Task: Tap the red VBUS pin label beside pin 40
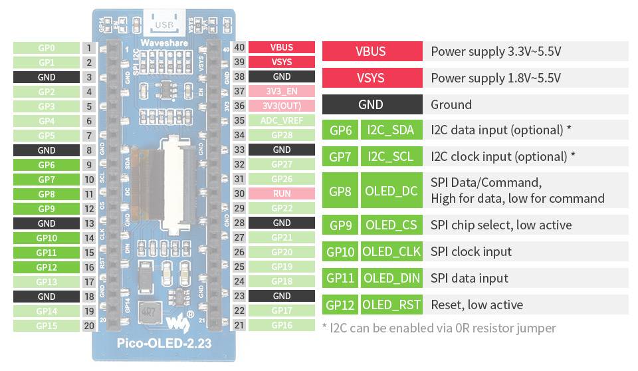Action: (282, 48)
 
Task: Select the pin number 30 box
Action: (239, 194)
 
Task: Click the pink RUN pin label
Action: (282, 194)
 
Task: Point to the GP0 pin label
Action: (47, 48)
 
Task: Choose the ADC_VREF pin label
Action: (282, 121)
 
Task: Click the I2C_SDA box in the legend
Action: (391, 130)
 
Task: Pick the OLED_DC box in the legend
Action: (391, 191)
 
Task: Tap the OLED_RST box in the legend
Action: (391, 305)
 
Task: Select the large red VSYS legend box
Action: (372, 78)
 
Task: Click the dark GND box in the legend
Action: (372, 104)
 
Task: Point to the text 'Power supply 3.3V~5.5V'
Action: (496, 51)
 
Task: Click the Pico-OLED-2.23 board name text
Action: (163, 344)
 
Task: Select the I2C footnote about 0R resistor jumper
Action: (439, 328)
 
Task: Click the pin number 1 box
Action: (88, 48)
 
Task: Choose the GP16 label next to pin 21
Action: (282, 325)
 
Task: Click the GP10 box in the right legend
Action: (340, 252)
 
